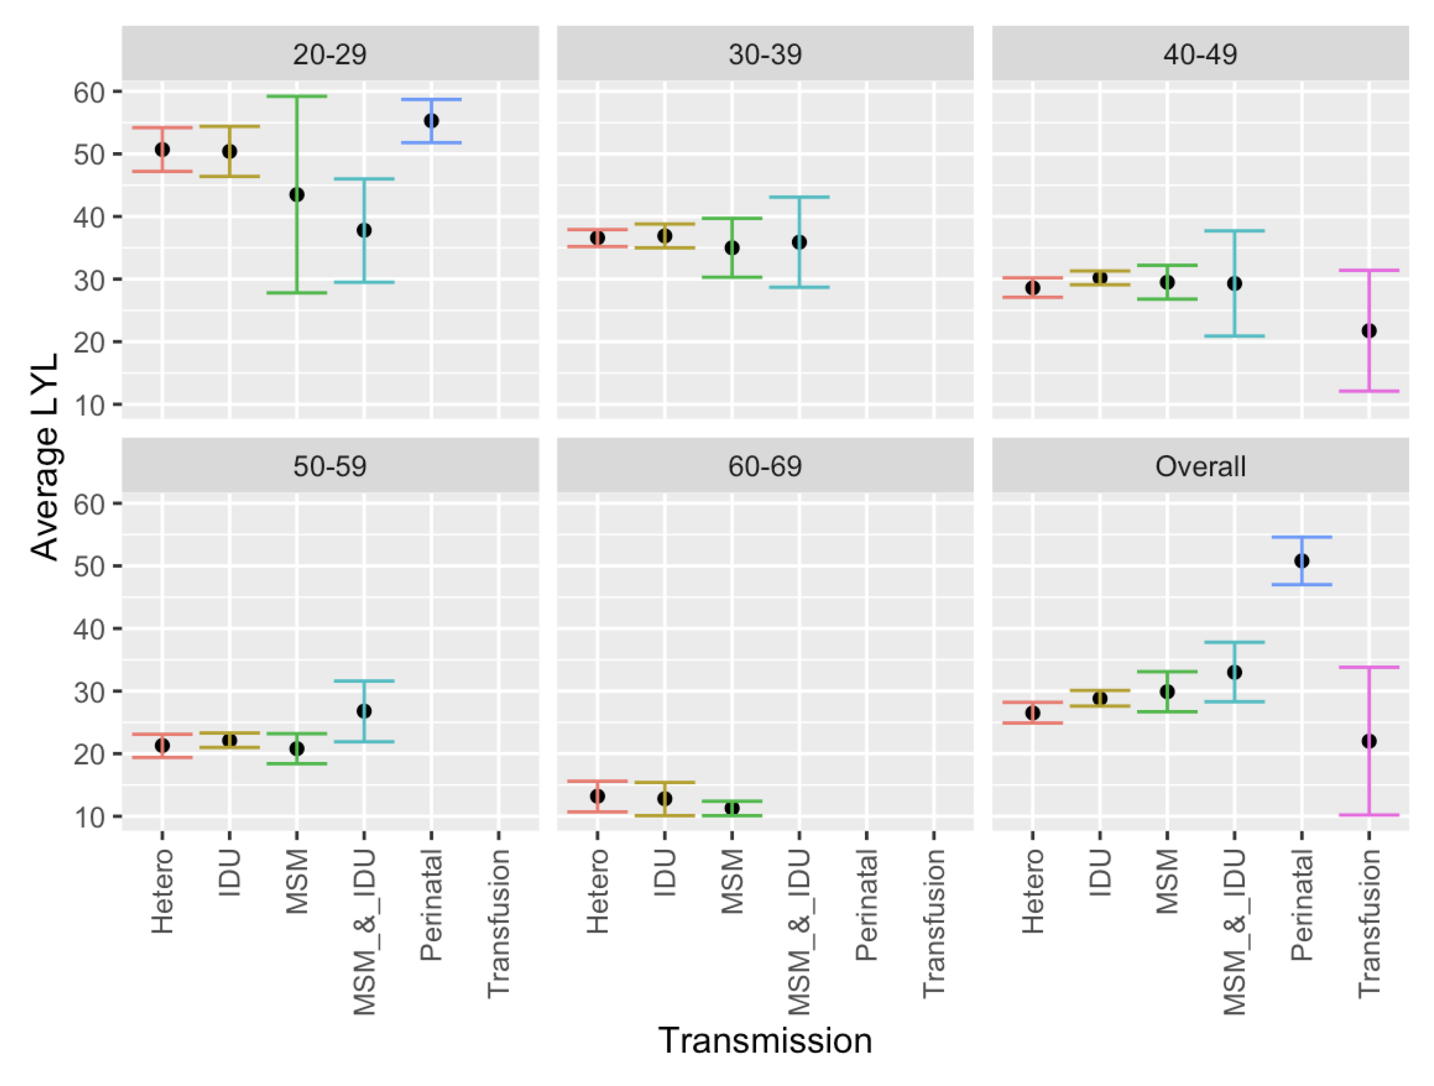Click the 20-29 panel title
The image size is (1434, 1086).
click(x=330, y=54)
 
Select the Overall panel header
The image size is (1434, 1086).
click(x=1200, y=466)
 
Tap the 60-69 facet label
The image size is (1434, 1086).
click(x=764, y=466)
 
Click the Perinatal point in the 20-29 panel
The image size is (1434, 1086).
click(x=431, y=121)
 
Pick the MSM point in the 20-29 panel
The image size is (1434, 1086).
click(x=297, y=194)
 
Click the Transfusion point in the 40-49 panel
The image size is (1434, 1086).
click(x=1368, y=331)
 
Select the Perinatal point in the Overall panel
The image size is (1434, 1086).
click(x=1301, y=561)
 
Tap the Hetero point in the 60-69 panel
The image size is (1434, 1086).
click(x=597, y=796)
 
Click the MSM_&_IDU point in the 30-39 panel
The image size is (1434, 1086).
click(x=799, y=243)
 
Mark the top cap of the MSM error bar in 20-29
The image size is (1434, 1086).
click(x=297, y=96)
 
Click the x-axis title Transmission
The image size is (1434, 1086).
click(x=764, y=1041)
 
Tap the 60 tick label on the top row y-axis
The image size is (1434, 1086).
click(x=89, y=93)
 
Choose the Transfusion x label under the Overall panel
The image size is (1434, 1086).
click(x=1368, y=923)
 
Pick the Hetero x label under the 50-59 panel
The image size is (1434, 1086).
click(x=163, y=892)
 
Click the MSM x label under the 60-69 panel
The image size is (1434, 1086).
click(x=733, y=882)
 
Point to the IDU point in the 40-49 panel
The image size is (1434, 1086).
click(x=1099, y=278)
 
